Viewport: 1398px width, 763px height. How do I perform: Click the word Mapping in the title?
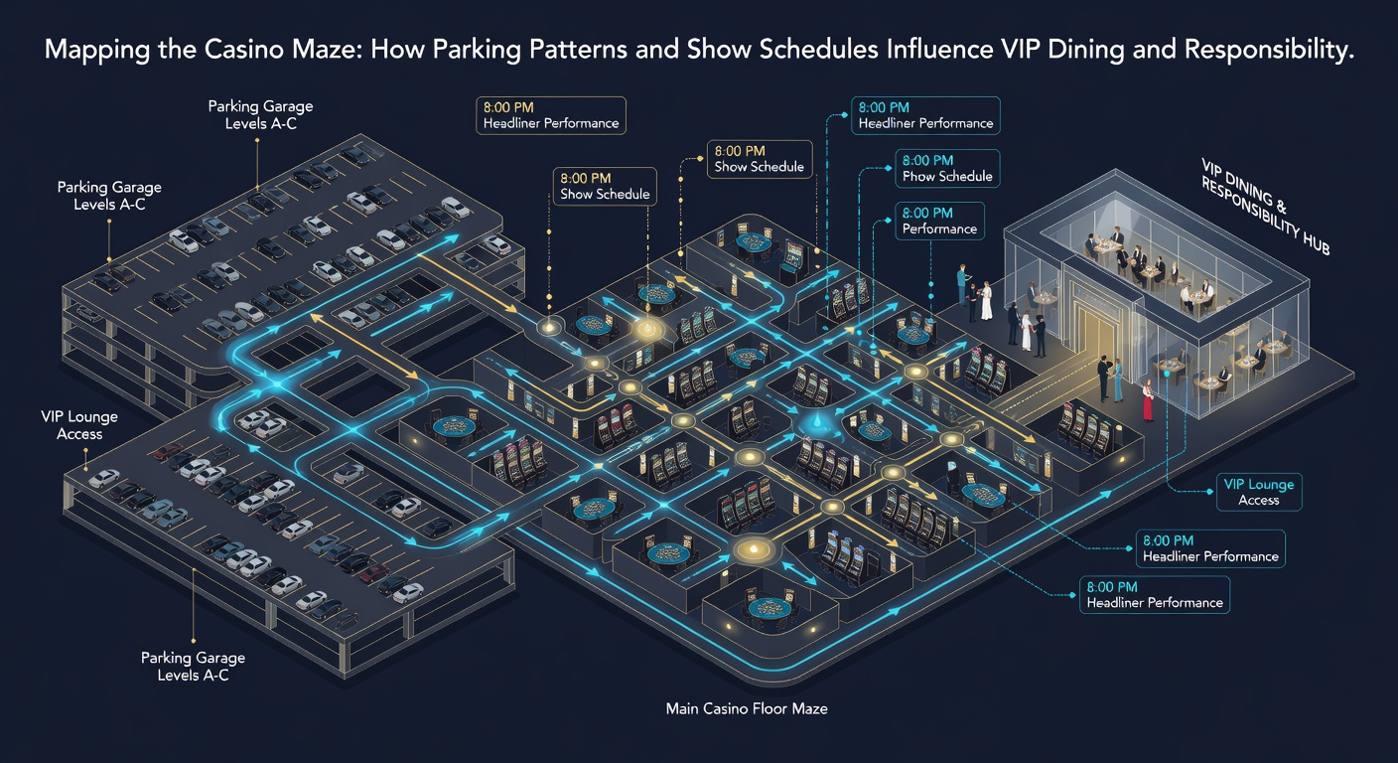click(96, 50)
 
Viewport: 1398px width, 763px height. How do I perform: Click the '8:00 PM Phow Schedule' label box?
click(947, 169)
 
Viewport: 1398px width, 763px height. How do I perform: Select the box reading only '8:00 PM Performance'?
click(939, 221)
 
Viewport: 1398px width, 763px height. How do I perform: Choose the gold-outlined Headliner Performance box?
click(550, 115)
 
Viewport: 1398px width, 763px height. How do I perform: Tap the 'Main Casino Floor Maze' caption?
click(747, 708)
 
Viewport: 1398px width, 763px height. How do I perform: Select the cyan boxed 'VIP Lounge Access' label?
click(1259, 492)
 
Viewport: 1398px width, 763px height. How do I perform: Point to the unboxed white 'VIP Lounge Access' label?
click(79, 425)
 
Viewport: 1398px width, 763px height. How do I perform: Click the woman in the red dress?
click(1147, 400)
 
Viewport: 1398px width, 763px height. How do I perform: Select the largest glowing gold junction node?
click(754, 549)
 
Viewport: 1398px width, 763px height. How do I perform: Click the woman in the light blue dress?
click(1118, 380)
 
